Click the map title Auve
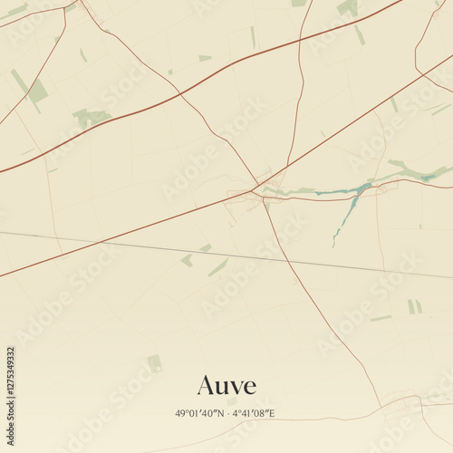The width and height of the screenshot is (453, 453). point(226,385)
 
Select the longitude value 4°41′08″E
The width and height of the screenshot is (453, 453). point(254,413)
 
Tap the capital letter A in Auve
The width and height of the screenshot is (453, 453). point(205,385)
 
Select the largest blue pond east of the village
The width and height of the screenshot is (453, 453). point(361,188)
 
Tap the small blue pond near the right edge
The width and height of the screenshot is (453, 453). point(426,178)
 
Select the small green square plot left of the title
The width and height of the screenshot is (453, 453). point(155,363)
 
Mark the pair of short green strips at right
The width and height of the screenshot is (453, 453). point(414,306)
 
